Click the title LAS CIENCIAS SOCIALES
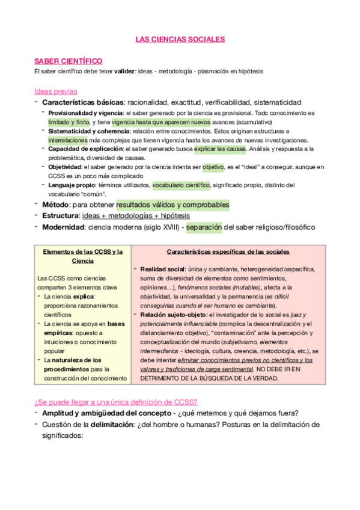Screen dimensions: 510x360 click(x=180, y=39)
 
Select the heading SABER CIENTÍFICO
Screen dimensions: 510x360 click(x=68, y=61)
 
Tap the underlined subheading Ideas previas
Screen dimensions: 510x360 click(x=56, y=91)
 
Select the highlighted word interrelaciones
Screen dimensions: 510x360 click(x=68, y=139)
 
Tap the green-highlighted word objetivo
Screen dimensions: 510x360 click(x=213, y=167)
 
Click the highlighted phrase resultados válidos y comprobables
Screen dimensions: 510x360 click(x=172, y=204)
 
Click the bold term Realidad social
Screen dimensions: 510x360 click(x=161, y=269)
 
